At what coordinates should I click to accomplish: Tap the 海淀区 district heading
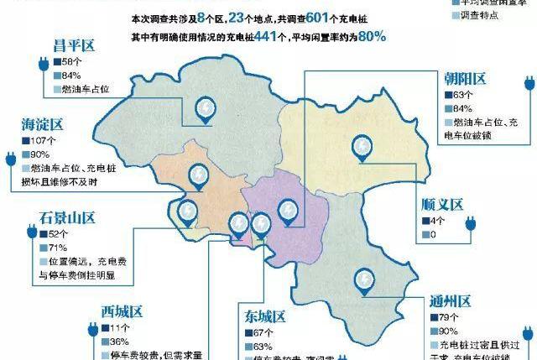42,125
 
